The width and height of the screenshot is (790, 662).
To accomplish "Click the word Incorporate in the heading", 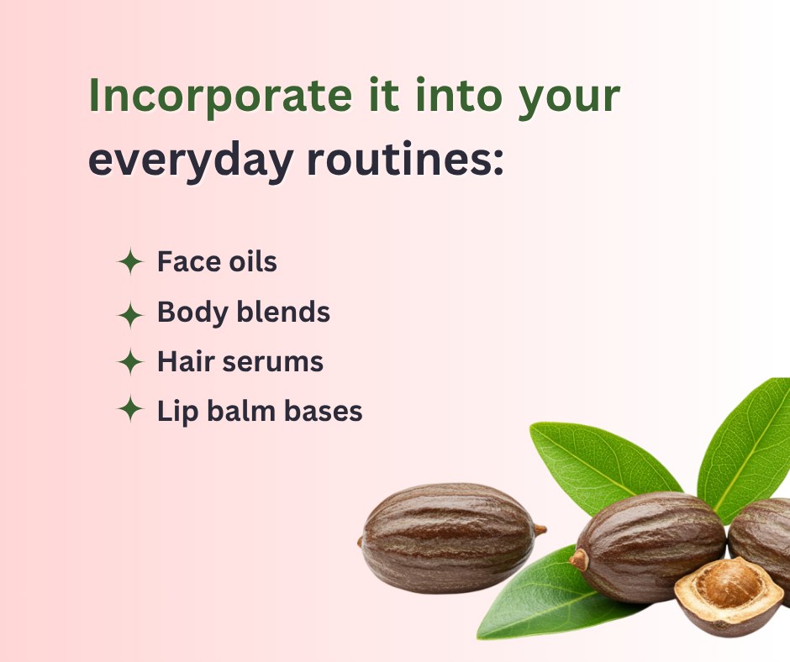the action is coord(220,97).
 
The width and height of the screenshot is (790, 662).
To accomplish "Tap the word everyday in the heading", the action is coord(191,160).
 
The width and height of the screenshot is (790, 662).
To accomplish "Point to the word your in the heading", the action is coord(569,99).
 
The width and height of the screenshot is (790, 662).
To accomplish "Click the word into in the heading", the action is coord(459,95).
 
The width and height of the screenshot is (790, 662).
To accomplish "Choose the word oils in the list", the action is coord(253,261).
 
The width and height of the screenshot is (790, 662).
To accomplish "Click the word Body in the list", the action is coord(193,313).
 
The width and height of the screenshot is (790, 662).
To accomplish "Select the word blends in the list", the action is coord(284,312).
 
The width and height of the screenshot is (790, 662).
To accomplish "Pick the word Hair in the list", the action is coord(186,361).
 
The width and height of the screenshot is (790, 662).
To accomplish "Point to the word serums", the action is coord(272,363).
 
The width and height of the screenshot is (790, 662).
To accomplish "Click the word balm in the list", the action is coord(241,411).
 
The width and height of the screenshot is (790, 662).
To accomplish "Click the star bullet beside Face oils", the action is coord(130,261).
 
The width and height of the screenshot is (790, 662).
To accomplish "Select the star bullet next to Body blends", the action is coord(130,315).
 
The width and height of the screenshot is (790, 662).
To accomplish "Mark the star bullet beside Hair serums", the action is coord(130,362).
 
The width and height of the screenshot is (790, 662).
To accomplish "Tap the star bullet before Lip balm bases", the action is coord(130,408).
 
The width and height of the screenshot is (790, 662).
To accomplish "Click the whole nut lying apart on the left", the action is coord(450,538).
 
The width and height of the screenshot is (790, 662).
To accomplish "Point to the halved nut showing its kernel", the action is coord(728,596).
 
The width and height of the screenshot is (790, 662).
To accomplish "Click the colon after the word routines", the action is coord(498,160).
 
